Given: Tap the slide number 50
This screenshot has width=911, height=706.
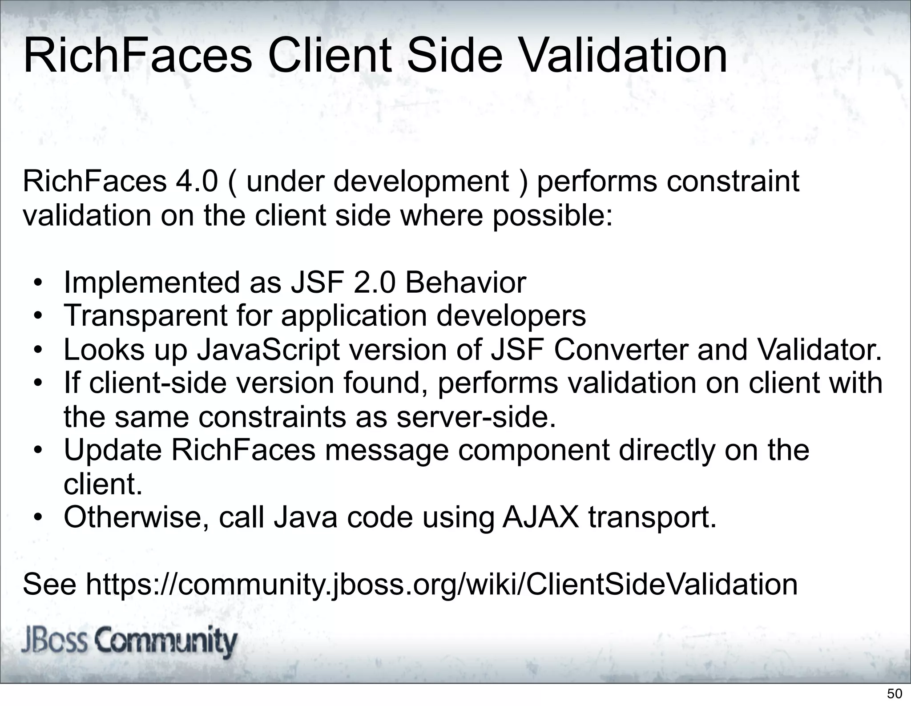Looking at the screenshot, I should [x=895, y=694].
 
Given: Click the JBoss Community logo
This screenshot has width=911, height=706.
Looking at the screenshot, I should [x=129, y=642].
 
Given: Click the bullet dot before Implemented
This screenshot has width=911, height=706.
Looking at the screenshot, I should [x=39, y=283].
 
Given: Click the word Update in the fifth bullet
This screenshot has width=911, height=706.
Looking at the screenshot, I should [x=113, y=450].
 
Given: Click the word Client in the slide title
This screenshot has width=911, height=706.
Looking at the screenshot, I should [x=330, y=56].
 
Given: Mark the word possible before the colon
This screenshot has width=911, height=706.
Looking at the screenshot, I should [x=548, y=216].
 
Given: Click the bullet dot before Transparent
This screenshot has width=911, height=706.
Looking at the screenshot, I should [x=39, y=316].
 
